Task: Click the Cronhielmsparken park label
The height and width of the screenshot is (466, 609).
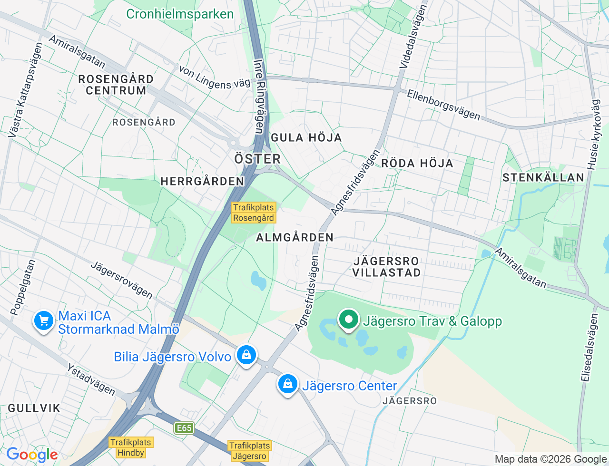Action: [x=180, y=14]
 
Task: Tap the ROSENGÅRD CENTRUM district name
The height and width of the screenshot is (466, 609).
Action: [x=116, y=85]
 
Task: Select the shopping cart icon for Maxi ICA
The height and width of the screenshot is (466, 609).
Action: [x=44, y=321]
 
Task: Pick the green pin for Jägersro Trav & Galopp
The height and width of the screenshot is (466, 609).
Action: [x=349, y=320]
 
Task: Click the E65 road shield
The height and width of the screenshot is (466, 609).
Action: [x=184, y=428]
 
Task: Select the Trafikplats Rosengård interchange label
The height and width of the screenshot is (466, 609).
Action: [x=253, y=213]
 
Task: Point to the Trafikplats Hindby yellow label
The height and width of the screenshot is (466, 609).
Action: [x=131, y=447]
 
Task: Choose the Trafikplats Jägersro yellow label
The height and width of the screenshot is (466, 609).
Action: [x=250, y=451]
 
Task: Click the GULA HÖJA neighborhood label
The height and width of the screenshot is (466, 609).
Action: [x=306, y=138]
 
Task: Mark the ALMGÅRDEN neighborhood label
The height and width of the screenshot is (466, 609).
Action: [x=295, y=237]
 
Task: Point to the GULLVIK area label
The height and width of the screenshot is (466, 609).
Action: [x=34, y=408]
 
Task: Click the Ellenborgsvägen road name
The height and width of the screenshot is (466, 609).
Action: [x=443, y=105]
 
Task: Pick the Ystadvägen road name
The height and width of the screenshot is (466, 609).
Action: [x=91, y=379]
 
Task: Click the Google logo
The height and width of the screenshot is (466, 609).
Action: [x=32, y=455]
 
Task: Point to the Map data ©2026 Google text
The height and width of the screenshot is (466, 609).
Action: [x=550, y=459]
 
